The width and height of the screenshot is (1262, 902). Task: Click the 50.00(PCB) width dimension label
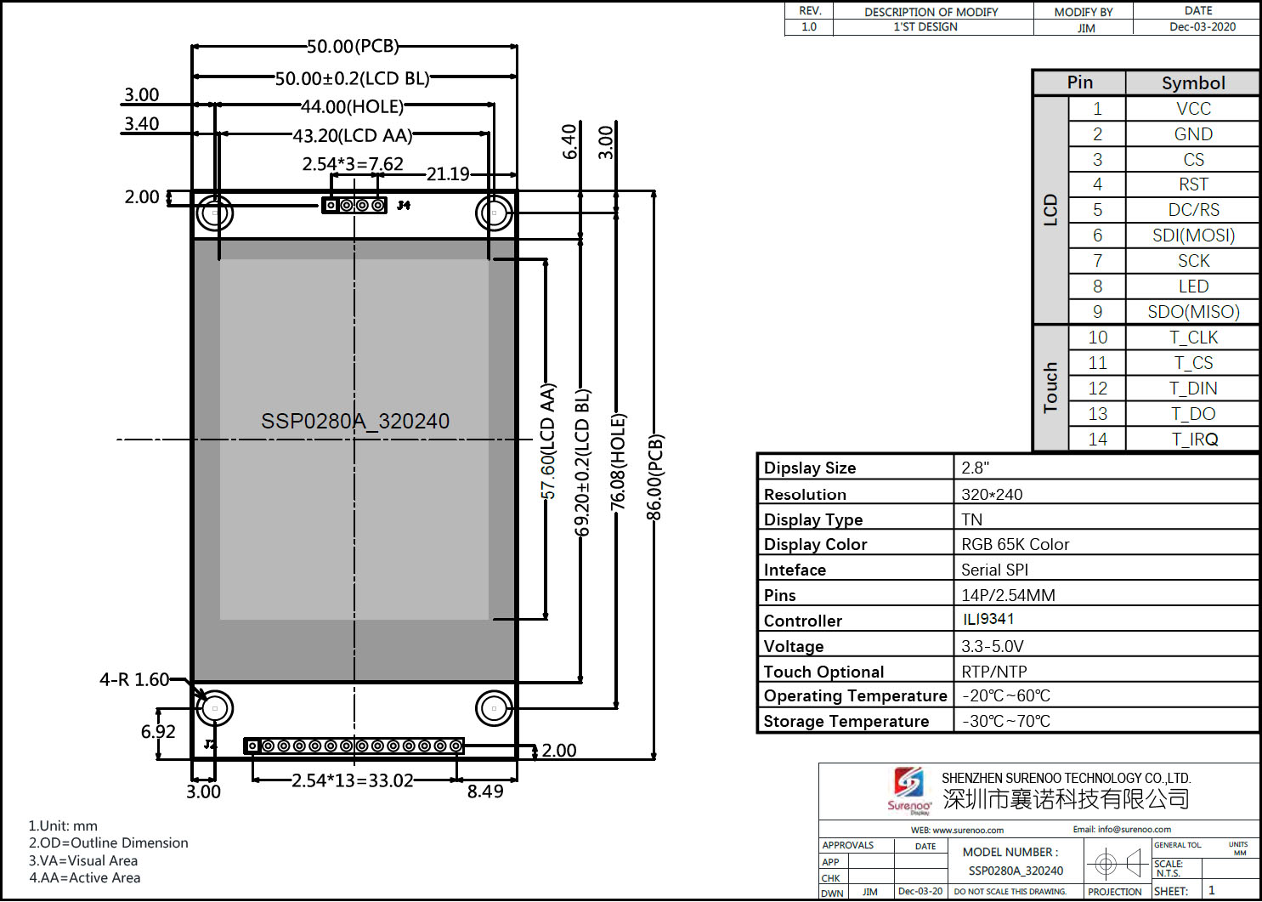coord(353,46)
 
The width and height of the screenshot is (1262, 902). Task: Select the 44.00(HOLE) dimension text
coord(352,107)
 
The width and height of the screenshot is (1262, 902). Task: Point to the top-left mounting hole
coord(215,212)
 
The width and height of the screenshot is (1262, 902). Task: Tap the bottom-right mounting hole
coord(494,707)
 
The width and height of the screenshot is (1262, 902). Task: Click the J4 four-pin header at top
coord(354,206)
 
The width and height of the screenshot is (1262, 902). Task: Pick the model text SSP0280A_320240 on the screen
coord(355,422)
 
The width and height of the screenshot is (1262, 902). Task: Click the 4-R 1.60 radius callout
coord(134,680)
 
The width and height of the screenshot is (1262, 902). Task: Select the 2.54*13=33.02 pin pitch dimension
coord(353,780)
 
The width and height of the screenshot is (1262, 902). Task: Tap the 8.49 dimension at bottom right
coord(485,791)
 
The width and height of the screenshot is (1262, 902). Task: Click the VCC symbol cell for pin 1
coord(1193,109)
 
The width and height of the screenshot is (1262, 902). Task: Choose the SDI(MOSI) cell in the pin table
coord(1193,235)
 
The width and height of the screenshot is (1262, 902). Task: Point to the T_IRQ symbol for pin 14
coord(1194,440)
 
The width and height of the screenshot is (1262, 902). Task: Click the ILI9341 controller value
coord(988,620)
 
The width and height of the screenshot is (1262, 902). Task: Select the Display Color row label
coord(815,545)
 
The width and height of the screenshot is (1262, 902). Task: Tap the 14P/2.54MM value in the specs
coord(1008,595)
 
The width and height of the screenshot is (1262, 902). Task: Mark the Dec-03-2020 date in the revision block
coord(1202,27)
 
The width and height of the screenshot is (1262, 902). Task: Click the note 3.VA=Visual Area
coord(83,860)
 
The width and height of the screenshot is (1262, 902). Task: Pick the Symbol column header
coord(1193,83)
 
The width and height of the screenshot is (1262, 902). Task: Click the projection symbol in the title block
coord(1117,864)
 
